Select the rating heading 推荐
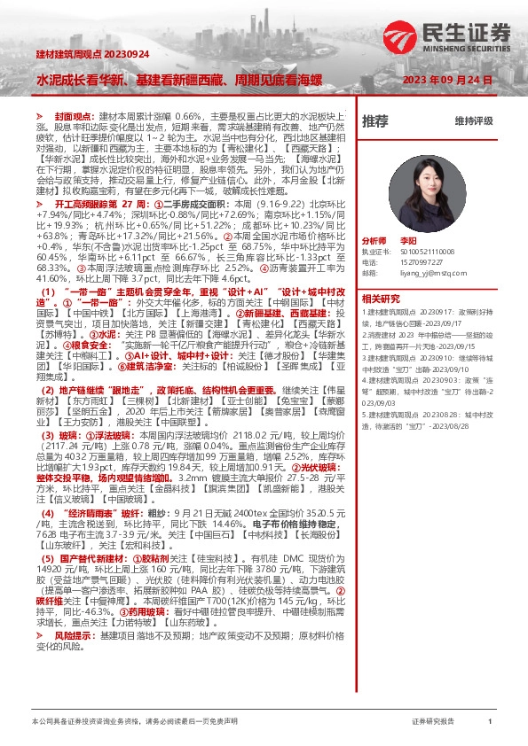tap(374, 120)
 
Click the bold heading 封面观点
tap(73, 116)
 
